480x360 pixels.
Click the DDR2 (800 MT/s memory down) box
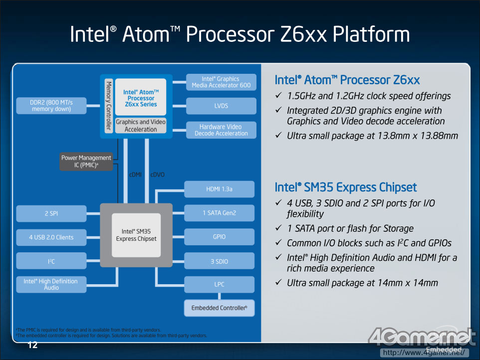coord(51,105)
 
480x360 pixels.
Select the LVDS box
coord(221,106)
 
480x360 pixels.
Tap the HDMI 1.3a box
coord(220,189)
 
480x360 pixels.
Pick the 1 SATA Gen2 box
coord(220,213)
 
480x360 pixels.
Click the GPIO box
coord(220,237)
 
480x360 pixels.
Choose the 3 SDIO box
coord(220,261)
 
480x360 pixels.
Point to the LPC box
coord(220,284)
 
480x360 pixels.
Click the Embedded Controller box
coord(220,308)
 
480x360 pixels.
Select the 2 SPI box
coord(51,213)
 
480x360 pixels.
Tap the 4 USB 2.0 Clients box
coord(51,237)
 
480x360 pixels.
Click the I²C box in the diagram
coord(51,261)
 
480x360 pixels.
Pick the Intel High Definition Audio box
coord(51,284)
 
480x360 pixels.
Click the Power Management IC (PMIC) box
coord(86,161)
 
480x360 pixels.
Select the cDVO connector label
coord(157,175)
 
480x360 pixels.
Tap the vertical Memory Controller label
coord(108,106)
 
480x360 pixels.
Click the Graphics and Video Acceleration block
coord(141,126)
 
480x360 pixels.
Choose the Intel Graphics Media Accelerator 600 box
coord(221,82)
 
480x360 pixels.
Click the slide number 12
coord(33,346)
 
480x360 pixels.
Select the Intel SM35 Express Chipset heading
coord(346,187)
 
